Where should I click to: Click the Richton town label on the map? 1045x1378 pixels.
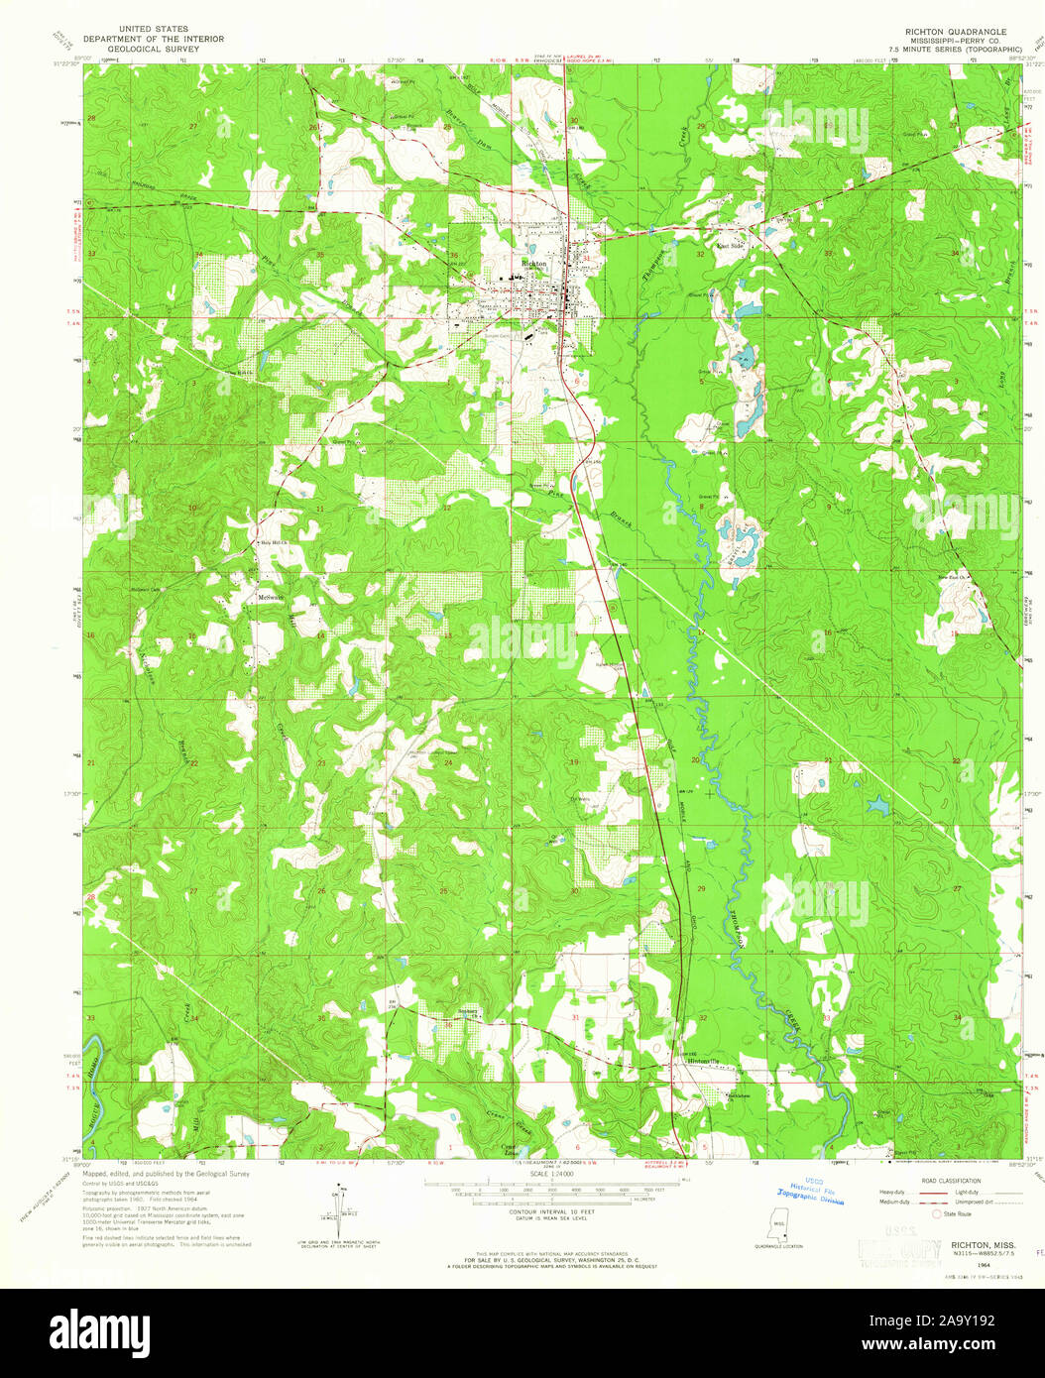point(533,264)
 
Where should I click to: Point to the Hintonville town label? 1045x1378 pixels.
point(702,1061)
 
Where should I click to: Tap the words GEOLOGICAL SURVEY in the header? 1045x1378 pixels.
point(153,48)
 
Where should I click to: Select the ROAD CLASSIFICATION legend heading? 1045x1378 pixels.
point(951,1180)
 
